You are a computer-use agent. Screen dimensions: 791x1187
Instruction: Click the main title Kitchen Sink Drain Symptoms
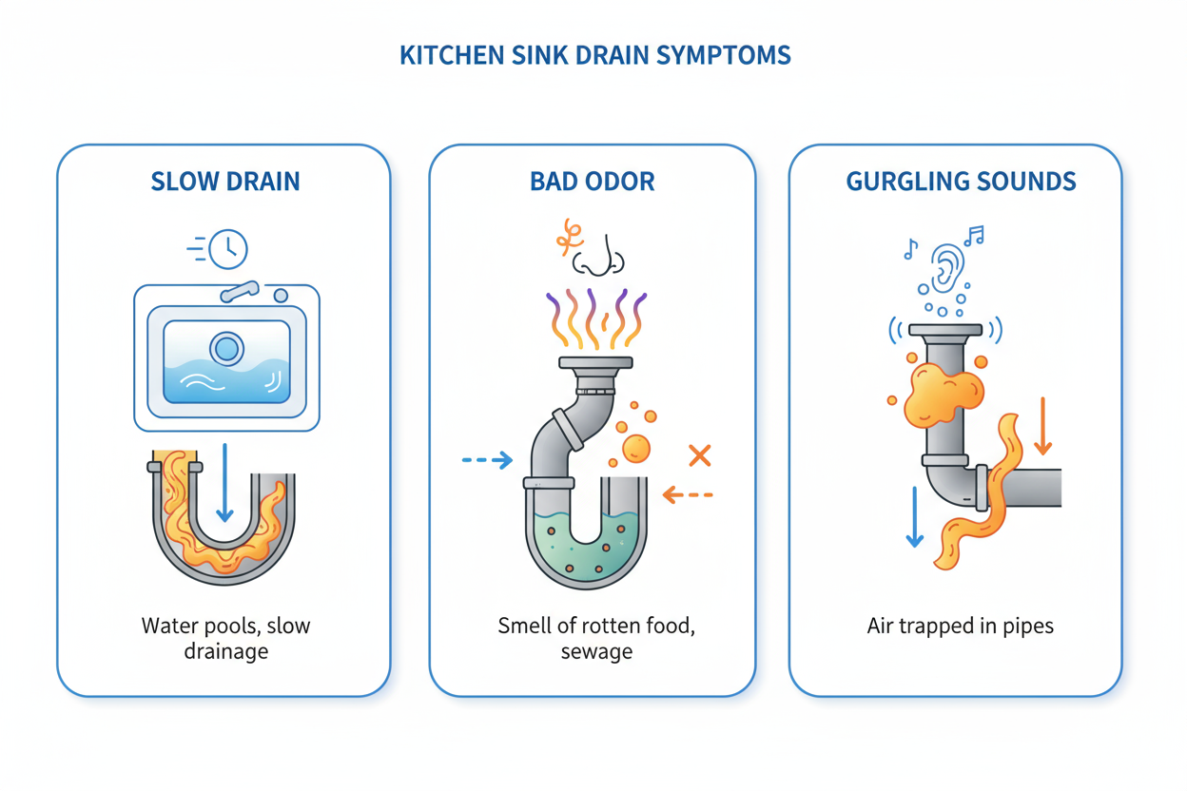(x=594, y=55)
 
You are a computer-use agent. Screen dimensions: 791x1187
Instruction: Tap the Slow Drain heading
(x=225, y=182)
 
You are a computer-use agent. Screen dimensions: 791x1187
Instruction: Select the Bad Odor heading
(x=592, y=182)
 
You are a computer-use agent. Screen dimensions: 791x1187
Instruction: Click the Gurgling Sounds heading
(x=961, y=182)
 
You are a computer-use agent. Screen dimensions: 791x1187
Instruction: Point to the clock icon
(x=227, y=249)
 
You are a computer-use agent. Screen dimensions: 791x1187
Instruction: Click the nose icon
(x=599, y=255)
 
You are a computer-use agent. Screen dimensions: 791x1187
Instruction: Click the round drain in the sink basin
(x=227, y=349)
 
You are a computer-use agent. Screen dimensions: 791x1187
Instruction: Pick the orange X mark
(x=700, y=455)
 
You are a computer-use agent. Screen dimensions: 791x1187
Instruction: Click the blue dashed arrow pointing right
(x=487, y=461)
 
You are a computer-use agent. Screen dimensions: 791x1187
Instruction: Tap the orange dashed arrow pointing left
(x=688, y=494)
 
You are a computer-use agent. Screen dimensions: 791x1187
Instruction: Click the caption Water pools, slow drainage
(x=225, y=639)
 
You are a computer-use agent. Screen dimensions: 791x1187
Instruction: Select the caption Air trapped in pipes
(x=960, y=627)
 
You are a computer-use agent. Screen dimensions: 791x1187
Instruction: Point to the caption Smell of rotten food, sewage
(x=596, y=639)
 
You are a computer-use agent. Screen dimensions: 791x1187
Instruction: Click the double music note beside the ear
(x=973, y=235)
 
